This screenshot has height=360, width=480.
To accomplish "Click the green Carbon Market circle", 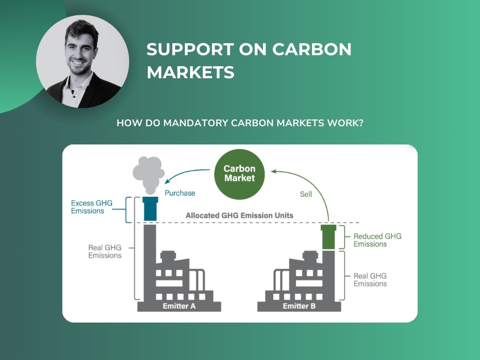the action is tap(240, 174).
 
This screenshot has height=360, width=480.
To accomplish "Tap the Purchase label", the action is tap(180, 193).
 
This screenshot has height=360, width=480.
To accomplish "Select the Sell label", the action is tap(306, 194).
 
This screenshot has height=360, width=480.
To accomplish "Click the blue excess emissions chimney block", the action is tap(150, 209).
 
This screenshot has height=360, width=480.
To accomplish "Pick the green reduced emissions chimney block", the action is tap(328, 237).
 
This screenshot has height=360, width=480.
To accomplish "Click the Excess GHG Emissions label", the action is tap(92, 207).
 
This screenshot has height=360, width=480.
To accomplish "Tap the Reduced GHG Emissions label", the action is tap(377, 240).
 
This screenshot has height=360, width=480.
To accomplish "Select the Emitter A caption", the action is tap(179, 306).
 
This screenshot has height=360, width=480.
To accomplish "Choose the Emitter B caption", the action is tap(299, 306).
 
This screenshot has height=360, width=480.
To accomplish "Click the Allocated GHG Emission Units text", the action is tap(240, 215).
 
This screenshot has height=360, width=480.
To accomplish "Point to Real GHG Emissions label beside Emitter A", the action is tap(105, 252).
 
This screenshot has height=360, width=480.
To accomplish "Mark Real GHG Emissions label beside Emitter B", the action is tap(370, 280).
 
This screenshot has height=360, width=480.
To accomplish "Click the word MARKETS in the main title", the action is tap(191, 72).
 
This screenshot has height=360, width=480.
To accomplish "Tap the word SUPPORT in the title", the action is tap(190, 49).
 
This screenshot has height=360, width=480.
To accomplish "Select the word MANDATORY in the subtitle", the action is tap(196, 123).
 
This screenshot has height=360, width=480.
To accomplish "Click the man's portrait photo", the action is tap(83, 61).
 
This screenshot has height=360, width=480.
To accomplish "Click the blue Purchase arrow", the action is tap(185, 173).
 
